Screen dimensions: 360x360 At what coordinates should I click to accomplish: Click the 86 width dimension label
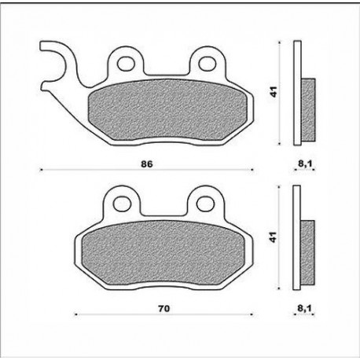click(x=147, y=164)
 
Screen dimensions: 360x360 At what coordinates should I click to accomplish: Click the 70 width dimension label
click(x=163, y=309)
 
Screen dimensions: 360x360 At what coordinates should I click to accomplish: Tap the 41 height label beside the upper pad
click(x=274, y=92)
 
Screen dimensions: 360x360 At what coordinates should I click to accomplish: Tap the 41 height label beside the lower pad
click(x=274, y=237)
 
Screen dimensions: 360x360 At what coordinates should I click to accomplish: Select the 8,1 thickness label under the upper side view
click(x=305, y=164)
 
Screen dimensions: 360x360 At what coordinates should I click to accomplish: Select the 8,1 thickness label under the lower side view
click(x=305, y=308)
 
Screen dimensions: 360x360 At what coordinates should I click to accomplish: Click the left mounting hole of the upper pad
click(x=126, y=64)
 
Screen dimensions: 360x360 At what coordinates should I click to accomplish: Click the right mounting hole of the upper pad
click(x=208, y=64)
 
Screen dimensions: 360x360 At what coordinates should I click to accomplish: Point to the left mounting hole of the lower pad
click(x=122, y=204)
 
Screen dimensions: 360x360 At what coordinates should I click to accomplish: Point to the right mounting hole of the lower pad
click(x=205, y=204)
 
